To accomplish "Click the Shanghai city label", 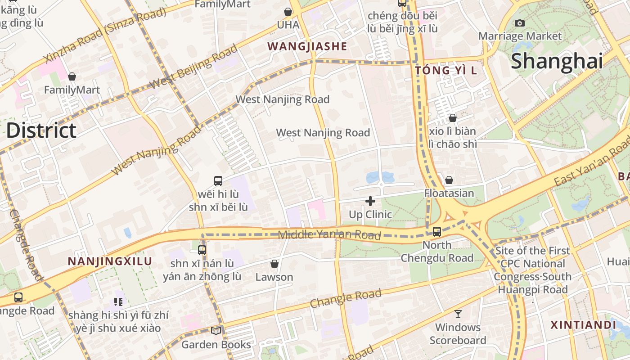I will point(557,61).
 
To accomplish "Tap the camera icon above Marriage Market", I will point(520,23).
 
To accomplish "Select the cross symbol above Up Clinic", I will point(370,201).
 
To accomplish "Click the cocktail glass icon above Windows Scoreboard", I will point(458,314).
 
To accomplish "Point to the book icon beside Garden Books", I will point(216,331).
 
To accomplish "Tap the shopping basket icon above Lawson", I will point(274,264).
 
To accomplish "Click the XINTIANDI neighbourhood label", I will point(583,325).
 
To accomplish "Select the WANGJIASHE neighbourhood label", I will point(307,46).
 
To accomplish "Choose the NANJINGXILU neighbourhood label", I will point(110,261).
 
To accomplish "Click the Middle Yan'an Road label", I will point(329,234).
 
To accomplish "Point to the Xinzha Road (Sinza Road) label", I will point(105,35).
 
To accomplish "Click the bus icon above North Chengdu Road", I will point(436,232).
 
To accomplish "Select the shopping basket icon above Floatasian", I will point(449,180).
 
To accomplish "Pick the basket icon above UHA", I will point(288,12).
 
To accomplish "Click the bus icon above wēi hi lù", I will point(218,181).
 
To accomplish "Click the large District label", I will point(41,130).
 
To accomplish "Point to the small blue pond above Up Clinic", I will point(374,177).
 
